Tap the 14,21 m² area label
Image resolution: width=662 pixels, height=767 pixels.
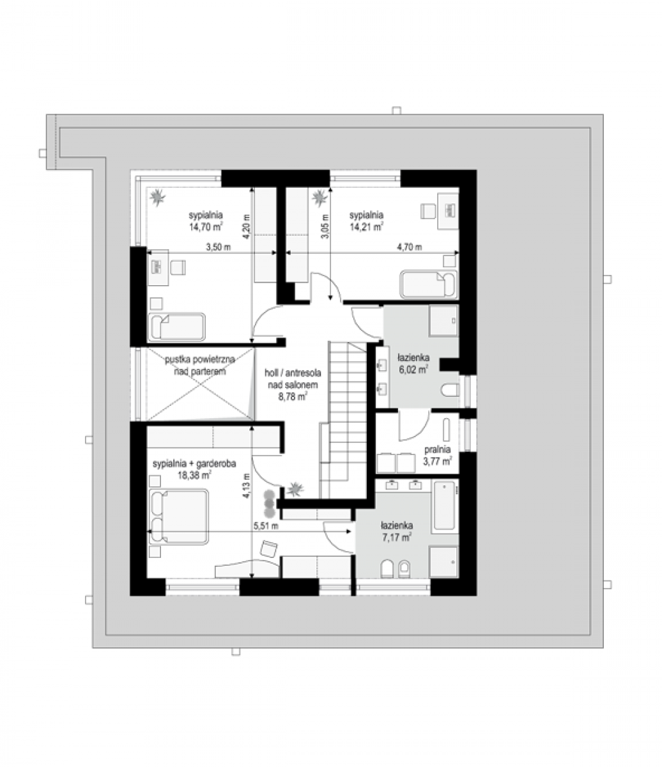click(x=367, y=227)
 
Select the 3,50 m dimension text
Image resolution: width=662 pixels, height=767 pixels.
click(x=218, y=247)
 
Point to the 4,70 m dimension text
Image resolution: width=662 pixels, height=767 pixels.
click(x=410, y=247)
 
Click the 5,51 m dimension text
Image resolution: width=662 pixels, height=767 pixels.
click(x=266, y=525)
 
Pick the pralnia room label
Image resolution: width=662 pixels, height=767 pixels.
click(x=438, y=449)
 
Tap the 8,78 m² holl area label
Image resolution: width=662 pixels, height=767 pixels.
click(x=293, y=397)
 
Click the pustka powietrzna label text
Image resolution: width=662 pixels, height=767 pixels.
click(x=200, y=360)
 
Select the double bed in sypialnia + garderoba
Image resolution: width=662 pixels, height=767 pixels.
click(x=178, y=517)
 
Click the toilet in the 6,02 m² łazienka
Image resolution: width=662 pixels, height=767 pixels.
click(x=450, y=390)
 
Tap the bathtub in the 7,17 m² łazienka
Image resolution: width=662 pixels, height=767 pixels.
click(x=444, y=505)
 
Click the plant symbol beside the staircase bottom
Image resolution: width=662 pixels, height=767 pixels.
click(x=296, y=490)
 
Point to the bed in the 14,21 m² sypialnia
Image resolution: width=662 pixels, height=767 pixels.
click(x=428, y=284)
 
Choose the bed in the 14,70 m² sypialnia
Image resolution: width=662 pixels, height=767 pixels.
click(x=176, y=327)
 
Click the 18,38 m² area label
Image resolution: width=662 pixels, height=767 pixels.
click(x=194, y=476)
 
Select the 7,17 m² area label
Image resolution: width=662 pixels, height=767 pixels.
click(x=397, y=537)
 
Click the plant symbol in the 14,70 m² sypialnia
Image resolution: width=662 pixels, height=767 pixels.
click(x=157, y=197)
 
